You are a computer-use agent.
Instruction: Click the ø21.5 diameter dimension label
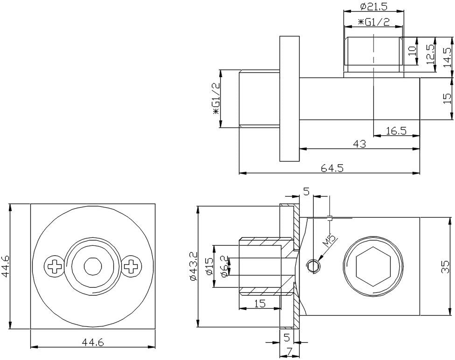374,7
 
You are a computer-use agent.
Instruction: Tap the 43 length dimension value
359,144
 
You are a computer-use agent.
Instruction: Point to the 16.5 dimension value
396,131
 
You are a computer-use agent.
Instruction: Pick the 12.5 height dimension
431,54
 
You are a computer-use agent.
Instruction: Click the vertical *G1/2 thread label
216,98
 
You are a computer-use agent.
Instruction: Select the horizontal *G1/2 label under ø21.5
374,22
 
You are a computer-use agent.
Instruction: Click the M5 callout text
329,241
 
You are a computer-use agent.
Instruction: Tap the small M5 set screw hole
314,266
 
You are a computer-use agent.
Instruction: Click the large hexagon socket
373,266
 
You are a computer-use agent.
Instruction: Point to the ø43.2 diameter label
194,266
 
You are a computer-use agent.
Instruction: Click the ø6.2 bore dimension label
224,267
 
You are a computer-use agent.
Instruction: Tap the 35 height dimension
445,266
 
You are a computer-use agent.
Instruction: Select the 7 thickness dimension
289,352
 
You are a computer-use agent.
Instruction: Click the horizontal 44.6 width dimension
93,343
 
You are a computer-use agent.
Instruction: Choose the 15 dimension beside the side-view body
448,99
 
